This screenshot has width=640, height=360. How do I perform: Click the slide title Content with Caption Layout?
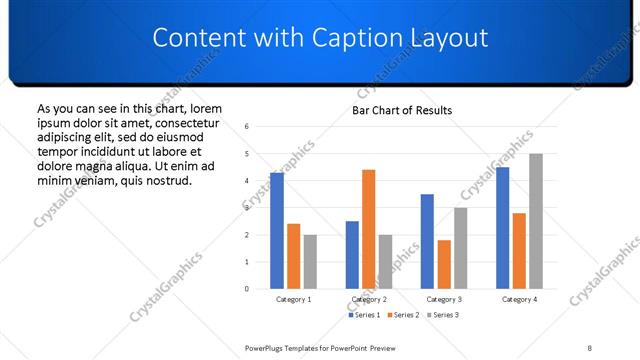(320, 38)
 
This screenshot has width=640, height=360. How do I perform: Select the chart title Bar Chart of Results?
(402, 110)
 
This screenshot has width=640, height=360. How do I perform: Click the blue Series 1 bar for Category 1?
(277, 231)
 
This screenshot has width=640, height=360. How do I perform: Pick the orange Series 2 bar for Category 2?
(369, 229)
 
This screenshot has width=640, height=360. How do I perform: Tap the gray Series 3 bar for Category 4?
(536, 221)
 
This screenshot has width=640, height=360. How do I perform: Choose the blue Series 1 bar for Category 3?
(428, 241)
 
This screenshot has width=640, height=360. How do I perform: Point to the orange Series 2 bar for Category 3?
(444, 264)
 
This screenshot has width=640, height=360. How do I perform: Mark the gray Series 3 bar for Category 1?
(310, 262)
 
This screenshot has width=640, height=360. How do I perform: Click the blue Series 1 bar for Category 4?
(503, 228)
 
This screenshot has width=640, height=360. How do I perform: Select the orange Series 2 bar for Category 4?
(519, 251)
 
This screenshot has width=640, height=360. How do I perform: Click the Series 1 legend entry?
(364, 315)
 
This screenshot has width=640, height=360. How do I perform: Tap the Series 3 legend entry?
(443, 315)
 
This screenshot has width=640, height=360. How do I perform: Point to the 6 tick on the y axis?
(247, 127)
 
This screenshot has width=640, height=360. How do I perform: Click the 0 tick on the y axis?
(247, 289)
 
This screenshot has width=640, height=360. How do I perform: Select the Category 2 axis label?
(369, 299)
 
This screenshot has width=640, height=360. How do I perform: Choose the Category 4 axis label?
(519, 299)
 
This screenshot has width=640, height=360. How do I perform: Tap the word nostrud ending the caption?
(167, 180)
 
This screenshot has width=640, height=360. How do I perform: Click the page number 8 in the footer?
(590, 347)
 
